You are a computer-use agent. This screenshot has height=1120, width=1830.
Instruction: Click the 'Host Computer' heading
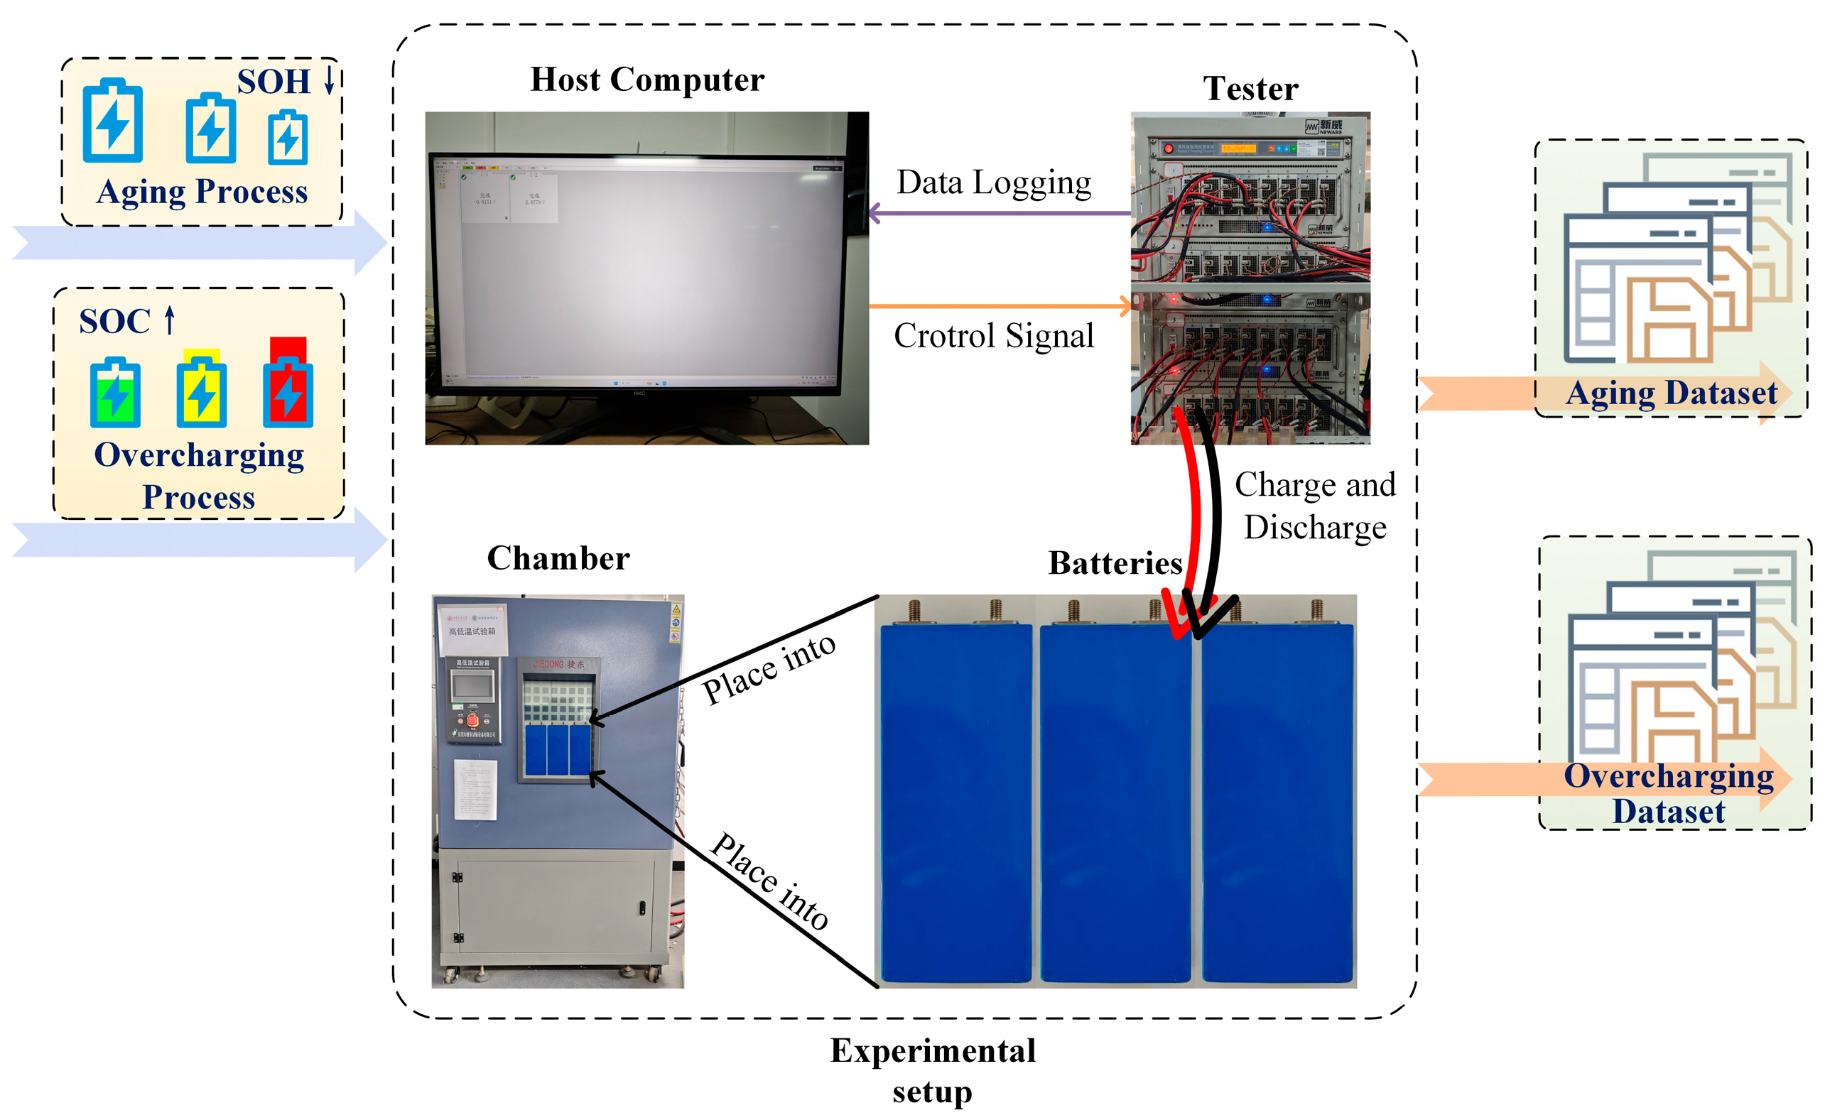pos(646,80)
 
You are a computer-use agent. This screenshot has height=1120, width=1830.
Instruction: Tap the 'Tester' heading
pos(1250,89)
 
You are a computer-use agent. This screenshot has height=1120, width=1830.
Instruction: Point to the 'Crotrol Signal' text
pos(993,336)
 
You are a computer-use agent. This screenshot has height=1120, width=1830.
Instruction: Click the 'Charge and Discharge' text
pos(1314,506)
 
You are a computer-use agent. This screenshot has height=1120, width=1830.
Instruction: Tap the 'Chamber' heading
pos(558,558)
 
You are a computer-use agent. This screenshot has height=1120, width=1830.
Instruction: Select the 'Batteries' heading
pos(1114,563)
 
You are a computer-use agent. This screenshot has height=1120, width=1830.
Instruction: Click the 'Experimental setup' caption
pos(932,1070)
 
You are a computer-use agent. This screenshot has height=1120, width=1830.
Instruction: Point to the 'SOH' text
pos(274,82)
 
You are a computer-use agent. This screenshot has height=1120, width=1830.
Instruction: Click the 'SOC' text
pos(114,322)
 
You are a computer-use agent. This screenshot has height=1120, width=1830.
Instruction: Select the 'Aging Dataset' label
pos(1670,393)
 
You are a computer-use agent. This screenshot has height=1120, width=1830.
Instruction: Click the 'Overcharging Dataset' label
pos(1668,793)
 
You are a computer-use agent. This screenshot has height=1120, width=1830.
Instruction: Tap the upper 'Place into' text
pos(769,668)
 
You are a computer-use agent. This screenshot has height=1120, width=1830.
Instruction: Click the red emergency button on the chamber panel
pos(472,719)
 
